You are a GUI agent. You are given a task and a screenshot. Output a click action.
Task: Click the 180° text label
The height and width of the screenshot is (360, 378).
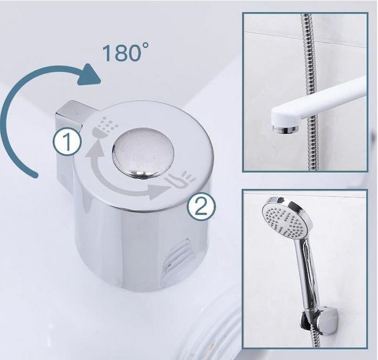pos(125,52)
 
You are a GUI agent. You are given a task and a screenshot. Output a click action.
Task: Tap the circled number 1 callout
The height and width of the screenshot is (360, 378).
pos(67,142)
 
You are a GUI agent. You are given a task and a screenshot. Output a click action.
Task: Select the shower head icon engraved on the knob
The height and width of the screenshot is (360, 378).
pos(106,127)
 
